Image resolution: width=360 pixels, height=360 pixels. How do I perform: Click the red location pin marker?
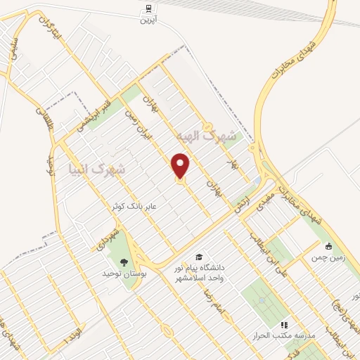pos(181,167)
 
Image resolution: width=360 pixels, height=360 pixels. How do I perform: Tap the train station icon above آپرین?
pos(148,8)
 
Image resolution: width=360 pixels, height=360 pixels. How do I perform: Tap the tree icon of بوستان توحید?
pos(124,263)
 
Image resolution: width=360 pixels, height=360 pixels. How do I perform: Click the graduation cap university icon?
pos(199,257)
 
